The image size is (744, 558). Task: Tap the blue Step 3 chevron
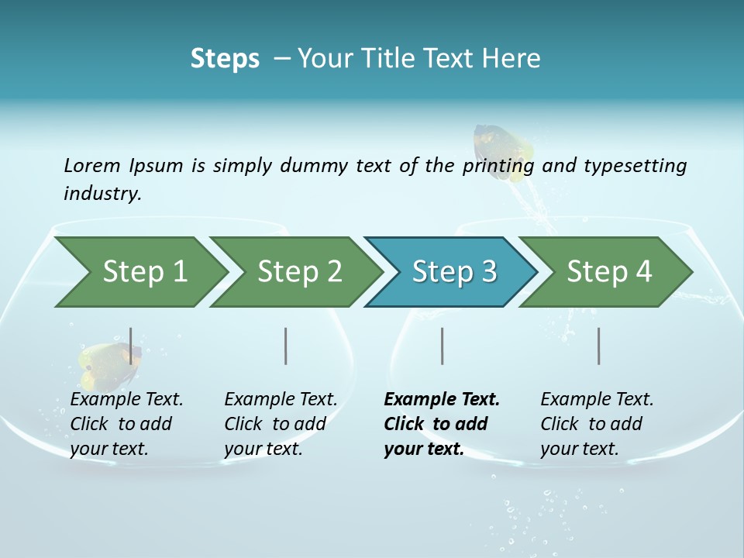click(x=453, y=272)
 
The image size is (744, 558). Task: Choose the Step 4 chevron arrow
click(x=608, y=272)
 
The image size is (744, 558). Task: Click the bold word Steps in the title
click(x=225, y=59)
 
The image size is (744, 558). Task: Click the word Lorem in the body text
click(x=92, y=165)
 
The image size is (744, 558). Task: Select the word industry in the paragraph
click(x=102, y=194)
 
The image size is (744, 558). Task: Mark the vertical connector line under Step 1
click(x=130, y=346)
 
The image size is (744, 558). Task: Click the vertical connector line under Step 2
click(x=286, y=346)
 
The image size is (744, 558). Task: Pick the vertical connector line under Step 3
click(x=443, y=346)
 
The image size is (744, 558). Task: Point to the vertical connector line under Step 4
click(x=599, y=346)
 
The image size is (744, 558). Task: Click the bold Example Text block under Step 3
click(x=440, y=424)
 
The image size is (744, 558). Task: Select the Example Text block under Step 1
click(x=126, y=424)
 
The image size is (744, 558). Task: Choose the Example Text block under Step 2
click(x=280, y=424)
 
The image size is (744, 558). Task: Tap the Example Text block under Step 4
click(x=596, y=424)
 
